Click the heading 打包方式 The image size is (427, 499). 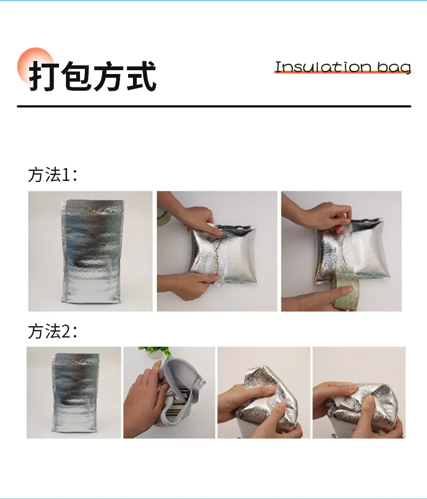coord(92,76)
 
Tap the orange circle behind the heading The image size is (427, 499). coord(36,66)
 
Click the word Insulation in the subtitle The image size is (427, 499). coord(323,67)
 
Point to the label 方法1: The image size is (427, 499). coord(52,175)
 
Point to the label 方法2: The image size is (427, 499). coord(52,331)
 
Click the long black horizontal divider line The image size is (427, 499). coord(214,106)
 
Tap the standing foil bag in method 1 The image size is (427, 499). coord(92,251)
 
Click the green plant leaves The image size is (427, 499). coord(155,352)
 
